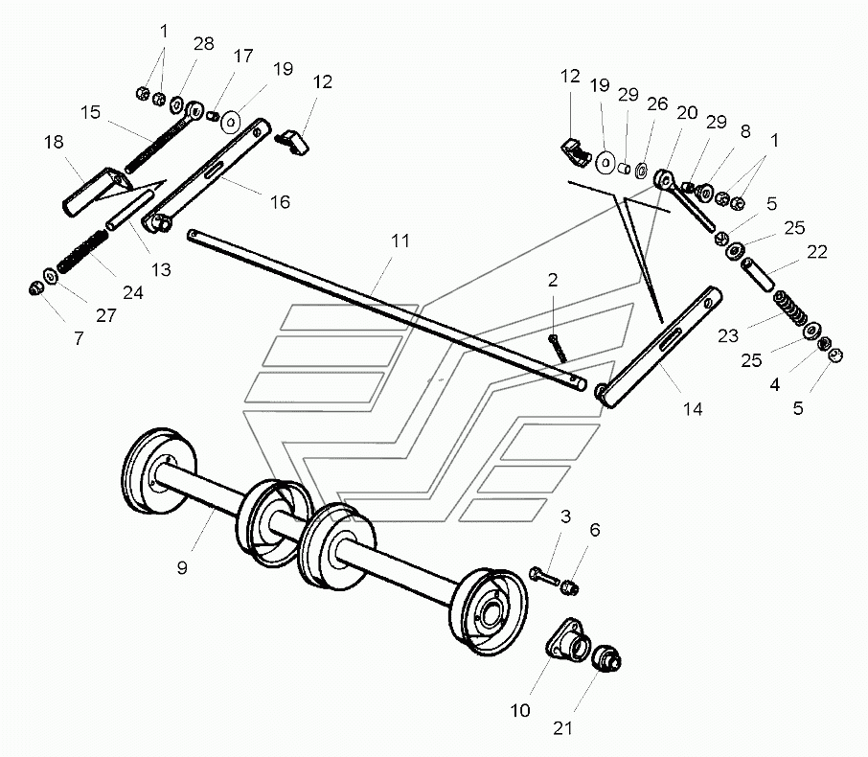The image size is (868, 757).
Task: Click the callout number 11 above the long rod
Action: coord(400,241)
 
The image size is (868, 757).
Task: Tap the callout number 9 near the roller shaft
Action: coord(182,567)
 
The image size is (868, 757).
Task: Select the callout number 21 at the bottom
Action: coord(562,728)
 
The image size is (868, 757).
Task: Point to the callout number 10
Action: coord(520,710)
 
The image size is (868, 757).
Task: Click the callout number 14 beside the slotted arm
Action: coord(693,409)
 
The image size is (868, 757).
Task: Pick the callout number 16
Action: coord(280,202)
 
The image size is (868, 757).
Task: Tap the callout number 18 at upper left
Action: coord(54,143)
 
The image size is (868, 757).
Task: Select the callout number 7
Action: coord(79,338)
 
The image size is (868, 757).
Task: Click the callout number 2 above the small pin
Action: coord(553,280)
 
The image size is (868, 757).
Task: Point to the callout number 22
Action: coord(817,252)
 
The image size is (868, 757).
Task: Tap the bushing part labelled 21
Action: coord(606,657)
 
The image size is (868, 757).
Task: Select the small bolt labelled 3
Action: coord(544,577)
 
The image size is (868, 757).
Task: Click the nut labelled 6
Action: coord(570,587)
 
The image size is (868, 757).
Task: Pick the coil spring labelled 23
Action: coord(790,308)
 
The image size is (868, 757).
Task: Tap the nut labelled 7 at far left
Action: coord(36,288)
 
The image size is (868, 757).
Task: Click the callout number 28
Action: coord(204,44)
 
